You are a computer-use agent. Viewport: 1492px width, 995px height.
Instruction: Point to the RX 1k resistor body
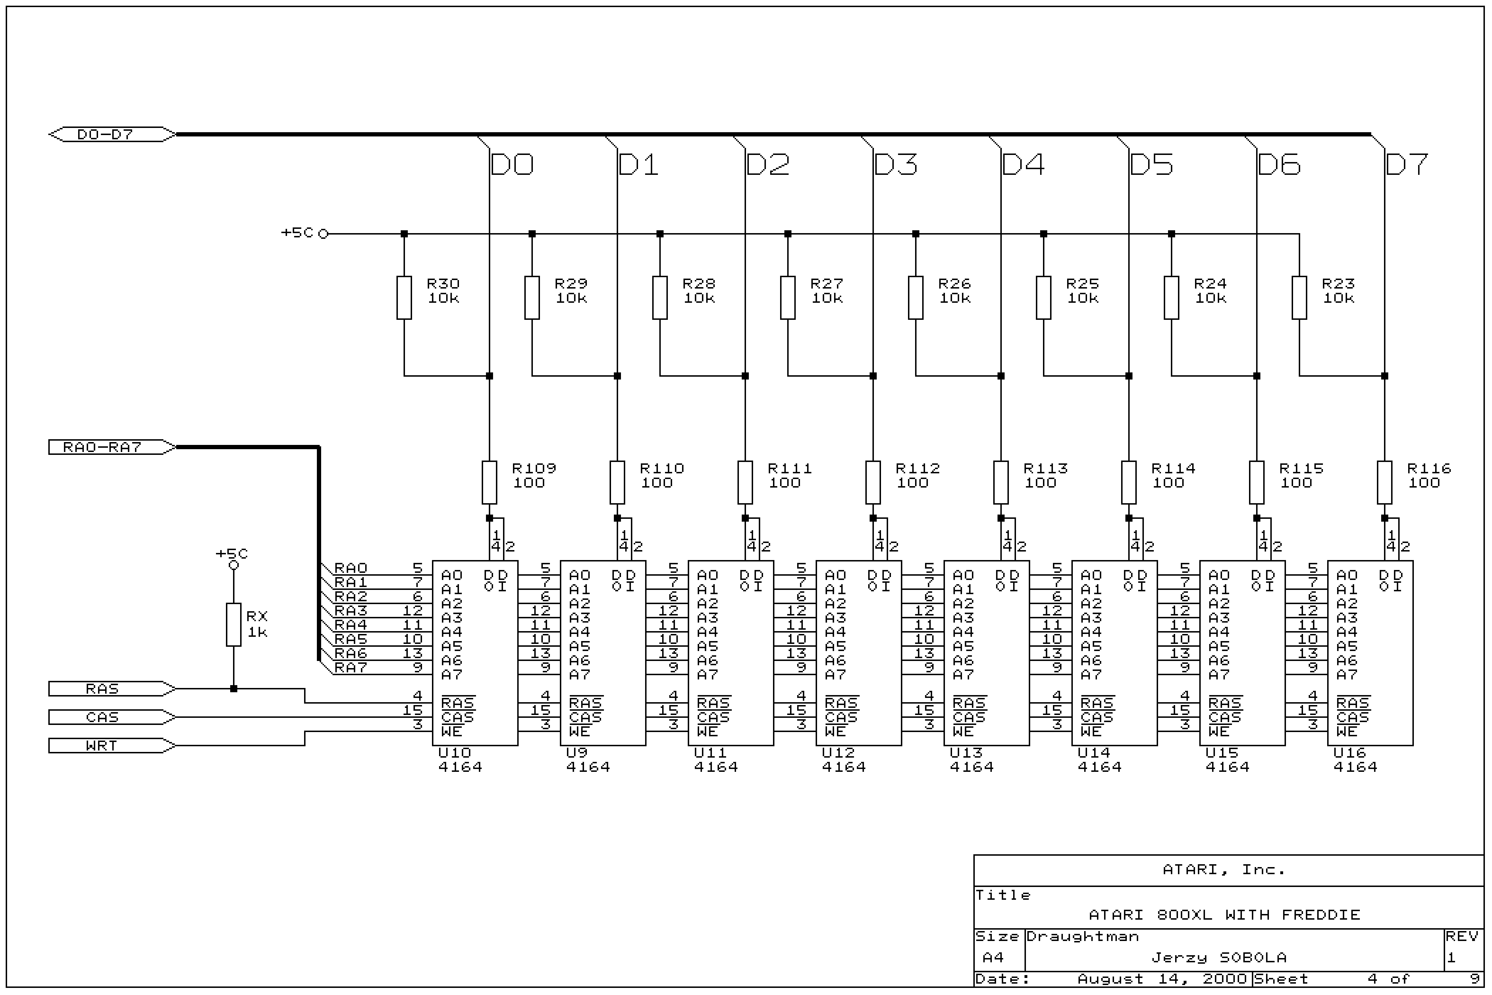tap(233, 625)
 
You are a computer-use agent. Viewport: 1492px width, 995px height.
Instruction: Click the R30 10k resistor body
tap(404, 298)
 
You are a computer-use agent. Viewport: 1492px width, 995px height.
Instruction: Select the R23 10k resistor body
tap(1299, 298)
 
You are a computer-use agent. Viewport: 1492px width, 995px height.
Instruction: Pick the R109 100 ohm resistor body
tap(489, 482)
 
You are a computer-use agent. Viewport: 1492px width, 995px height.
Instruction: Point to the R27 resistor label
tap(827, 284)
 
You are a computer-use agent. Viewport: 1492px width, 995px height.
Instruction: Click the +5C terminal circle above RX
tap(233, 565)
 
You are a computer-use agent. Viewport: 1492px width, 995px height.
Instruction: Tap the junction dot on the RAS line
tap(233, 689)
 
